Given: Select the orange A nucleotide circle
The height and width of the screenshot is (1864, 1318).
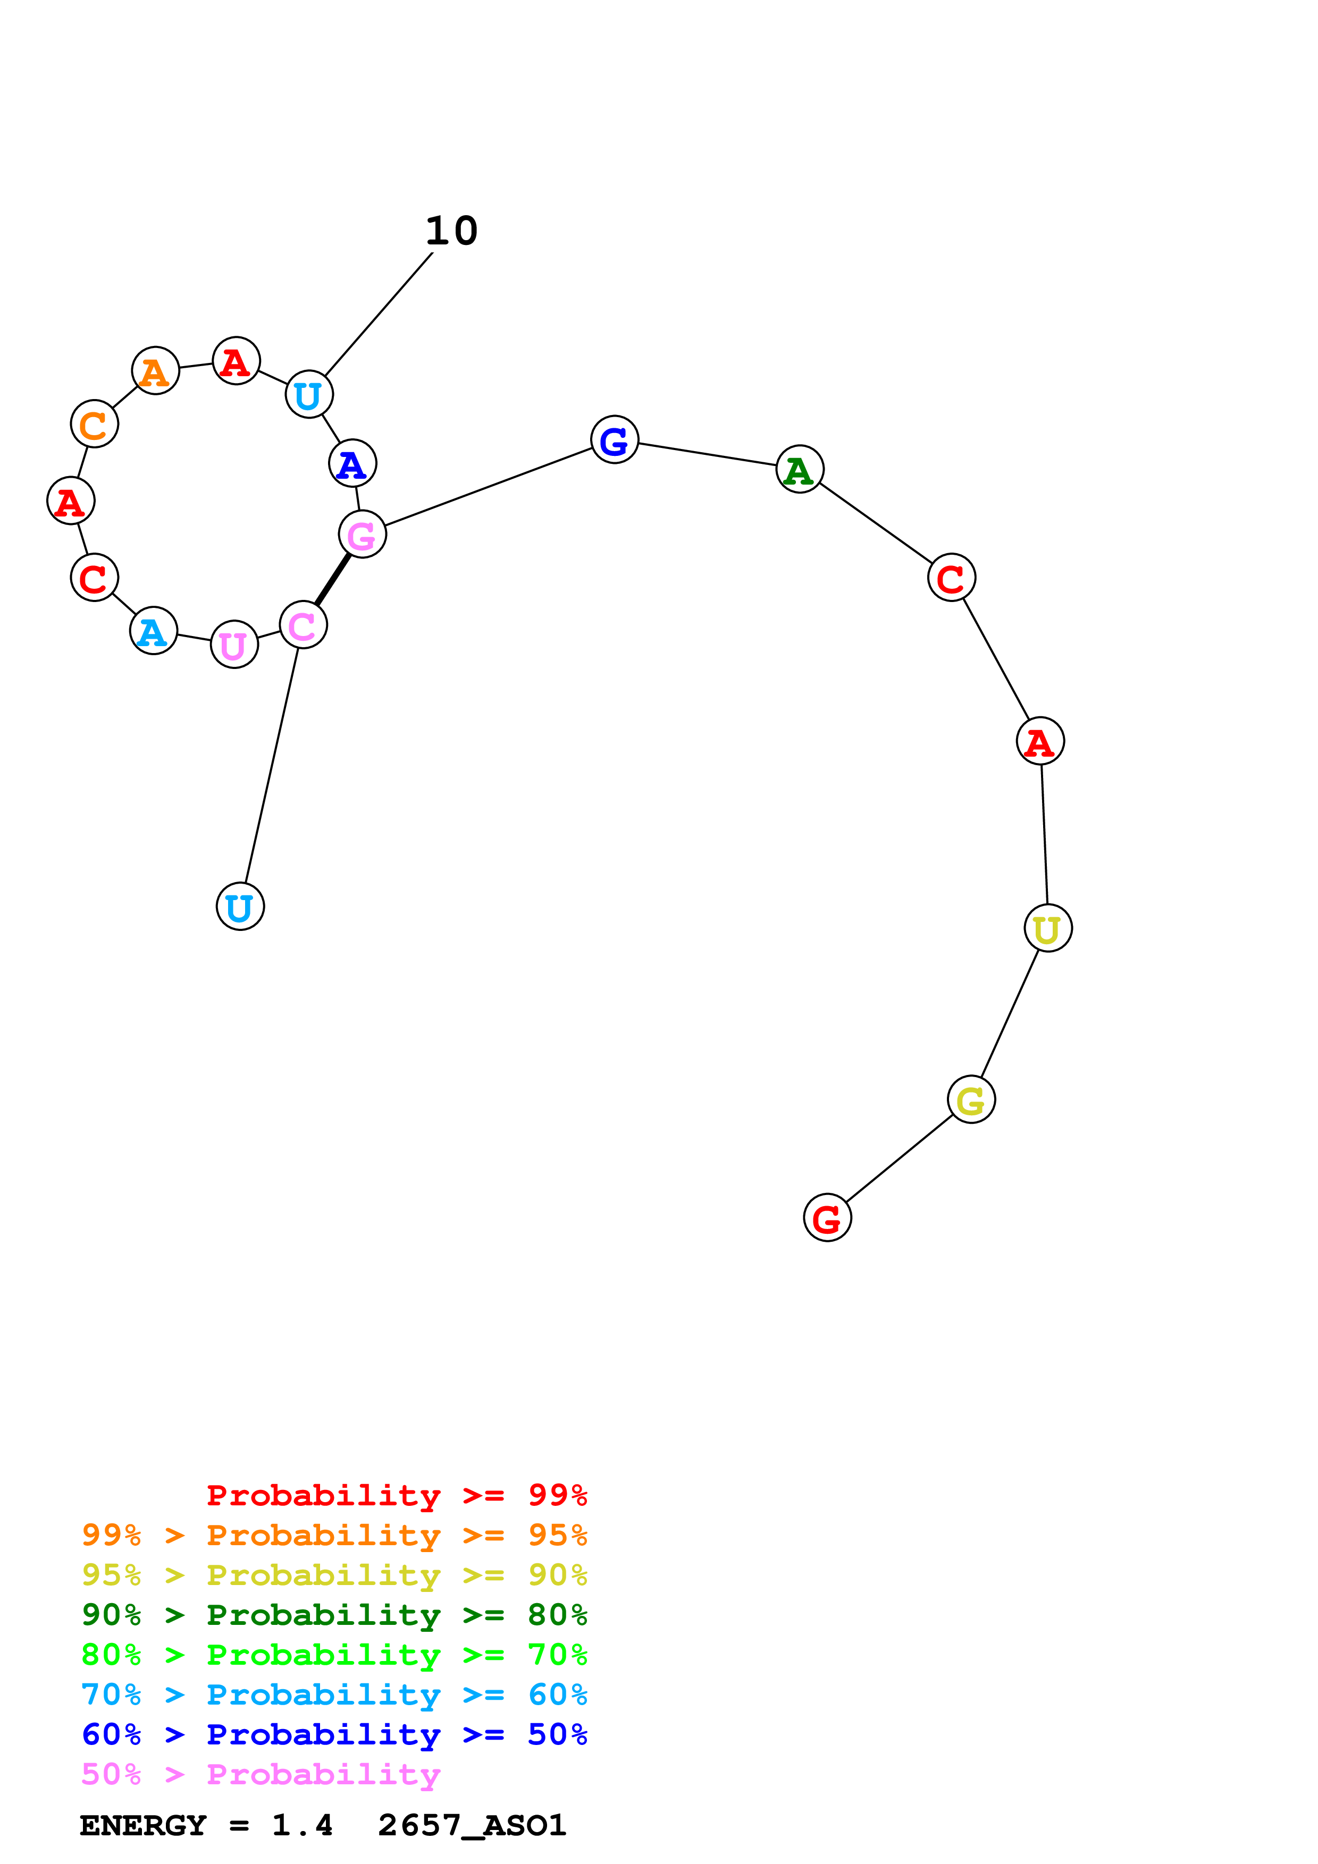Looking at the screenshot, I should point(155,371).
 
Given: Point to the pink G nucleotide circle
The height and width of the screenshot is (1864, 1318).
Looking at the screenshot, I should point(362,534).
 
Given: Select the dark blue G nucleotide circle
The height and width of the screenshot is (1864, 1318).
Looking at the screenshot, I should point(615,439).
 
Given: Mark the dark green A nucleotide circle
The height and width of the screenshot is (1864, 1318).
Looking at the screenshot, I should point(800,469).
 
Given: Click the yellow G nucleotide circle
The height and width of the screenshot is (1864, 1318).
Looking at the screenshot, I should point(971,1099).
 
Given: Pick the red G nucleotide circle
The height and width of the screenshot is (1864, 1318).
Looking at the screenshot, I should point(827,1218).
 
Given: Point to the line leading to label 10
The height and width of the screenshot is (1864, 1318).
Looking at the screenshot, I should point(379,315).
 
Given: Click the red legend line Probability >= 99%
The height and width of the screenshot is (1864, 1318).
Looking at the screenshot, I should point(396,1495).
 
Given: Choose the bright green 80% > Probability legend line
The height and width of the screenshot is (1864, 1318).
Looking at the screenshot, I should point(334,1655).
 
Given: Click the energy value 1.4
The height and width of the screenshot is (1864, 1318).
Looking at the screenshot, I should point(302,1825).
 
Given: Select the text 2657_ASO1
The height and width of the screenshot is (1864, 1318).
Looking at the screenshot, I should point(472,1825).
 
